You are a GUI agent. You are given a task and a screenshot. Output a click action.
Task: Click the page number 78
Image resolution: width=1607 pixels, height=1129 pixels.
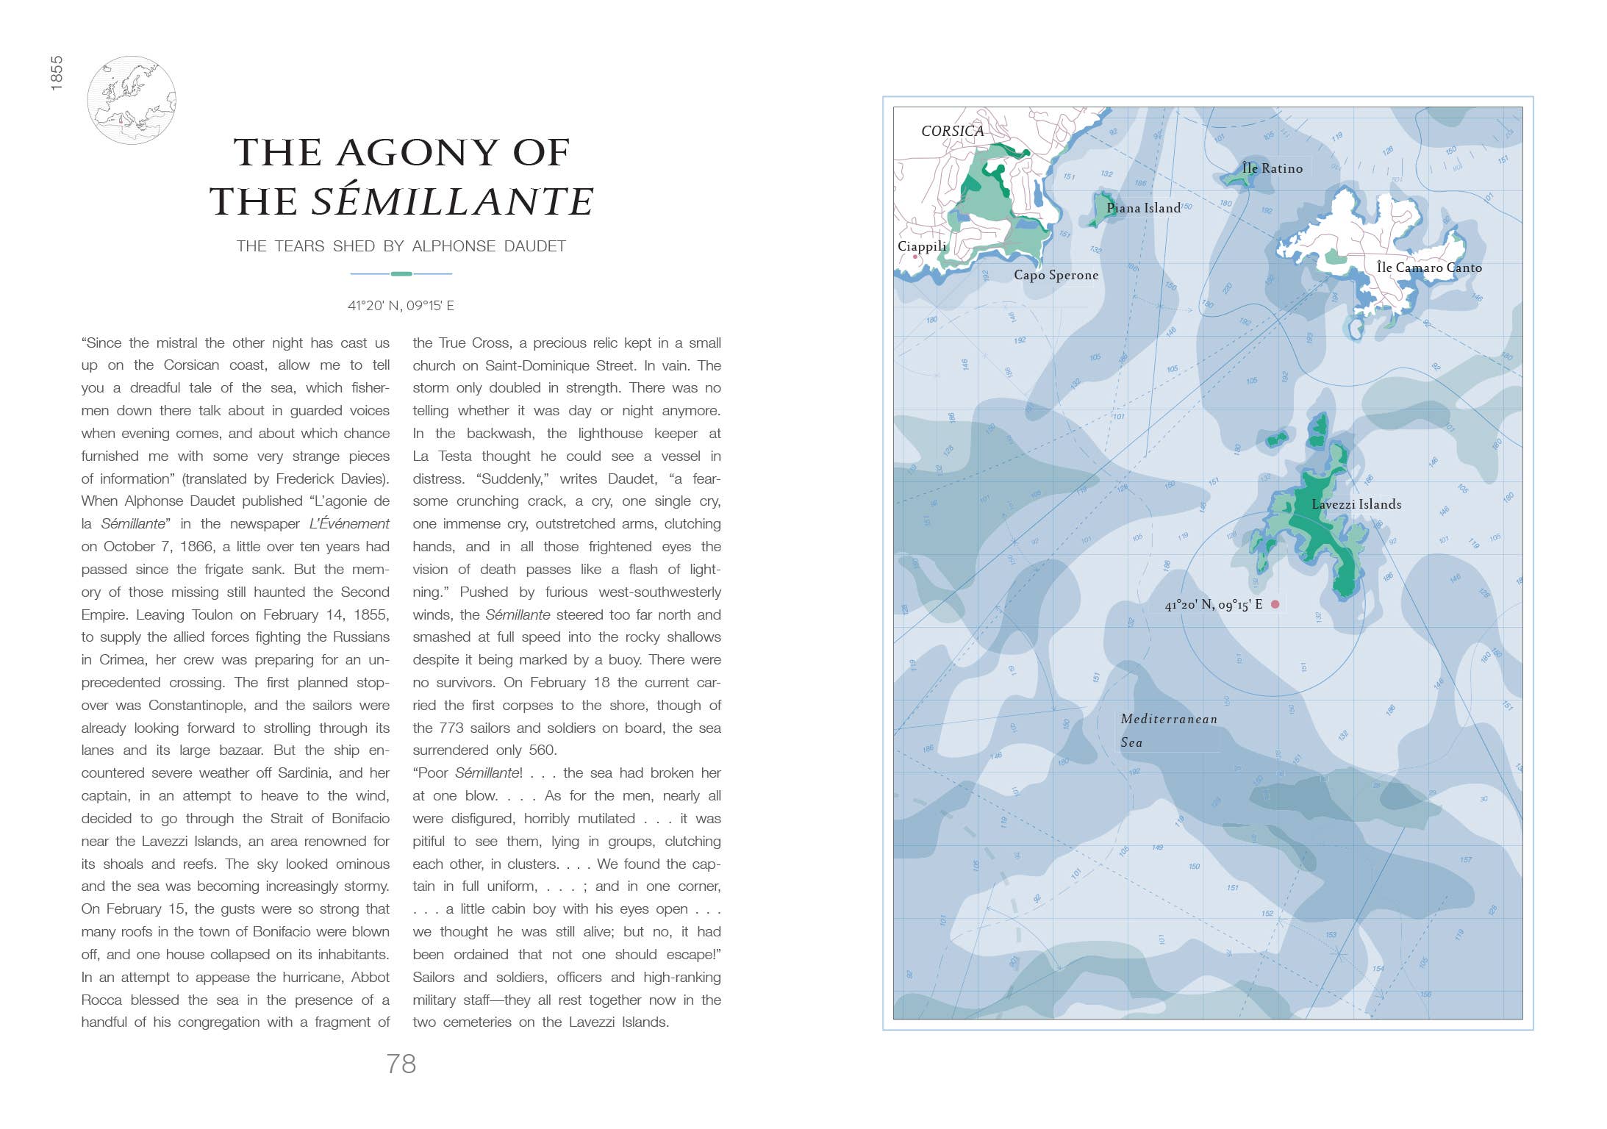(401, 1064)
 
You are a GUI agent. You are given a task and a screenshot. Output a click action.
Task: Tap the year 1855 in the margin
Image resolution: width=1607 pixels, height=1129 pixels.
(57, 74)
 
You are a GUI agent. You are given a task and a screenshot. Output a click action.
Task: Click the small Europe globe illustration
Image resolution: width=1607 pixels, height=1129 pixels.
(132, 100)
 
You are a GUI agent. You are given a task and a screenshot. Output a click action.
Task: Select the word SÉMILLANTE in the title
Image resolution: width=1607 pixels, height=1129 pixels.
(451, 201)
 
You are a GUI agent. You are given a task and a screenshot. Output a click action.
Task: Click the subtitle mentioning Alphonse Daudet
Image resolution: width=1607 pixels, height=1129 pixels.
(401, 246)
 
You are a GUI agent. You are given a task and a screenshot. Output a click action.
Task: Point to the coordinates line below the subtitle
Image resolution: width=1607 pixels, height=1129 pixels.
(401, 306)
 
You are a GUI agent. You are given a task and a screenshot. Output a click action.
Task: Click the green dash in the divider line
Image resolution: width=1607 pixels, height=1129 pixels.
(401, 273)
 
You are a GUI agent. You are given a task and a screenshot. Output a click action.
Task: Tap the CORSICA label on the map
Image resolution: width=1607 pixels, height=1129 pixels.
(952, 131)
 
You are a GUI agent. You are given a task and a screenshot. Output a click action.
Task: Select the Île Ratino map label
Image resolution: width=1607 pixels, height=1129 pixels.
(1272, 168)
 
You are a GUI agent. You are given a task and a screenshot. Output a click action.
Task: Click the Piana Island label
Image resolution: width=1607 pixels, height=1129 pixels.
(1143, 208)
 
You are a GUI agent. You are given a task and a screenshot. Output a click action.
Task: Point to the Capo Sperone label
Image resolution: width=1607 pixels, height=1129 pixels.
(1056, 275)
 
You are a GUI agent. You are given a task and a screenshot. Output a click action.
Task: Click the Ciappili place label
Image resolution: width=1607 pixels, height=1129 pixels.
(922, 246)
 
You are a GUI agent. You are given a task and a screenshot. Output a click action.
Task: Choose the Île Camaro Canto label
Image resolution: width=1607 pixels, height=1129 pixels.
(1428, 268)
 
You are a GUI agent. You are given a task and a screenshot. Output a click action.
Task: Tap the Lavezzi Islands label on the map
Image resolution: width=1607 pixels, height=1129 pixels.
(1356, 504)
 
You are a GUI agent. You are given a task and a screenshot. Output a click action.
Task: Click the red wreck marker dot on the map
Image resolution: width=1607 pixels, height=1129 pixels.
(1275, 604)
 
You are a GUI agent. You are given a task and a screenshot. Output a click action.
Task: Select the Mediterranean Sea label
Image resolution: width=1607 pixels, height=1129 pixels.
(1168, 730)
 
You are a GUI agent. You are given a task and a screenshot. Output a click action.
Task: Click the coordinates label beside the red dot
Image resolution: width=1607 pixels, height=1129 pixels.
(1213, 605)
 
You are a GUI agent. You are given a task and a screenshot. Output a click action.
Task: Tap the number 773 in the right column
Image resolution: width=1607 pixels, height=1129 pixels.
(451, 728)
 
